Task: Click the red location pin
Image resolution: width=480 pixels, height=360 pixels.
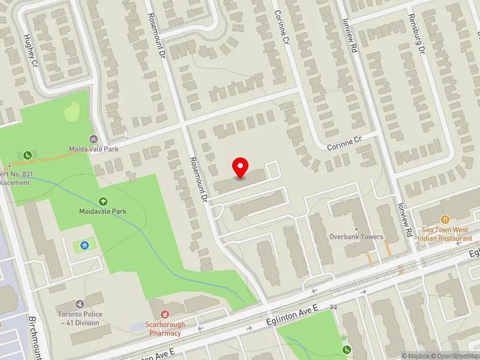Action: point(241,167)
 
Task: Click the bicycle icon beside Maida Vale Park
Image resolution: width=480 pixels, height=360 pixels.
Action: point(93,139)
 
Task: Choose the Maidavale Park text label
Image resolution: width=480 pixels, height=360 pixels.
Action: point(103,211)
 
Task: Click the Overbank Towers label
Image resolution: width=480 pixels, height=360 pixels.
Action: point(356,236)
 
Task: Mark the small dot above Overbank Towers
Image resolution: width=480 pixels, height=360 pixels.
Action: point(356,229)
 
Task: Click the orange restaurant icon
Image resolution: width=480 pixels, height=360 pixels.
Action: point(445,220)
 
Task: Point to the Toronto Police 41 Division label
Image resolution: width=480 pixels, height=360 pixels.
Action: point(80,318)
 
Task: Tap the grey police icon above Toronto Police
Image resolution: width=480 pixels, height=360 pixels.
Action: point(79,305)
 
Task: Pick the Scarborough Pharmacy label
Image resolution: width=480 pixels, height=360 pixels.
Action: point(166,328)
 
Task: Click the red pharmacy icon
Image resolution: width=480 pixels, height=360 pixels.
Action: point(166,314)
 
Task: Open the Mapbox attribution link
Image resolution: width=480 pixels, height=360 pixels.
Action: point(413,356)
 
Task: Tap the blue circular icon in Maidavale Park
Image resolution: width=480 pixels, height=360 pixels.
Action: point(84,245)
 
